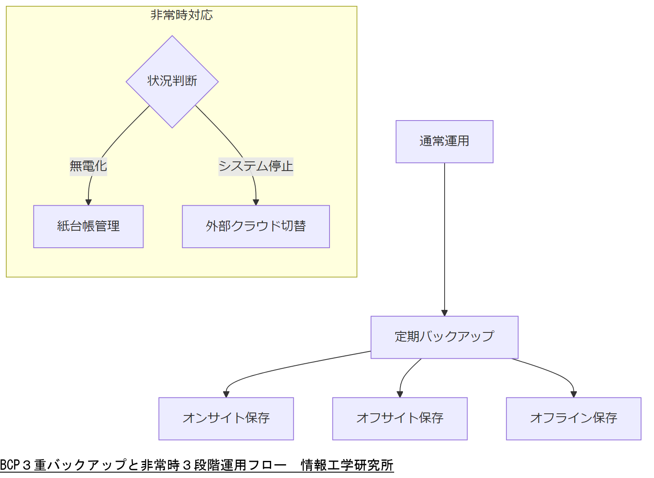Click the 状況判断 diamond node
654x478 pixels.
(x=172, y=81)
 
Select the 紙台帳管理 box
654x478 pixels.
(x=88, y=226)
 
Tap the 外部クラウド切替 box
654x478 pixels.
(x=256, y=226)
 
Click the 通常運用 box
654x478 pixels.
(x=444, y=142)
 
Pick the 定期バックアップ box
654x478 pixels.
(x=444, y=337)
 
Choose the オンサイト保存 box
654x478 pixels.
(x=226, y=418)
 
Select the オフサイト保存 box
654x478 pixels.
(x=400, y=418)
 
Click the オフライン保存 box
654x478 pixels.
(x=574, y=418)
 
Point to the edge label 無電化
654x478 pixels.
(x=88, y=166)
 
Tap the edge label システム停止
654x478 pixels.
(x=256, y=166)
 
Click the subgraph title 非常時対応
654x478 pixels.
(x=181, y=15)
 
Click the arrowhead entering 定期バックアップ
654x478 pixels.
(x=444, y=313)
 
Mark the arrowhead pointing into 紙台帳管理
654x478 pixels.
(x=88, y=202)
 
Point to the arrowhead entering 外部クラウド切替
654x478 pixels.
(x=256, y=202)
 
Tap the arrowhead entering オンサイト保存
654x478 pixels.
(x=226, y=394)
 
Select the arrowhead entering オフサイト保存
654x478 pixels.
(x=400, y=394)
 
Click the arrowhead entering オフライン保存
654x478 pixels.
(x=574, y=394)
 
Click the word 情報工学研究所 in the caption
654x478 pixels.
(x=347, y=465)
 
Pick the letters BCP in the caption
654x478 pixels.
(x=10, y=465)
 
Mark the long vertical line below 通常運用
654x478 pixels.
(x=444, y=238)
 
